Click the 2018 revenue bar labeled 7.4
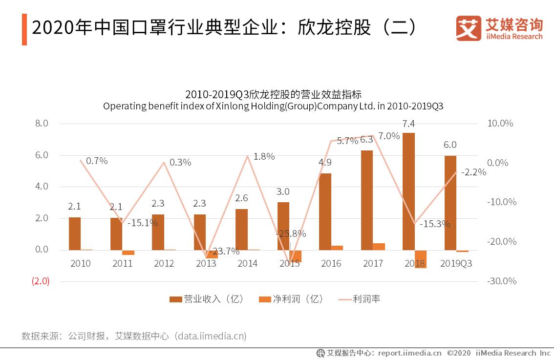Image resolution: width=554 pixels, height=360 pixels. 408,191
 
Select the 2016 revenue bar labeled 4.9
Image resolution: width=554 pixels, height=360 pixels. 325,212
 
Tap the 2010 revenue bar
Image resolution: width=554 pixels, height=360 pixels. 75,233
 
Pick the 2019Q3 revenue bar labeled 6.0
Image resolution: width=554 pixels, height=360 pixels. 450,203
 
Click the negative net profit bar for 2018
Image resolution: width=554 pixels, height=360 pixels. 420,259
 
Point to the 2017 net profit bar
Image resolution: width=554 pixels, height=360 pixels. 379,247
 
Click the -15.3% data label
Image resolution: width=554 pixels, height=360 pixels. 434,224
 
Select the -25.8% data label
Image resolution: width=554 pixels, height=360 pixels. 291,233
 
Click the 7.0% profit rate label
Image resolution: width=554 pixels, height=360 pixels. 389,136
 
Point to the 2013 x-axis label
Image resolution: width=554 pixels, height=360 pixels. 206,264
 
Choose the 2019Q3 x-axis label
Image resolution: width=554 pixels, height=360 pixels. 456,264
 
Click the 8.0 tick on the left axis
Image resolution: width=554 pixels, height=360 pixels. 42,124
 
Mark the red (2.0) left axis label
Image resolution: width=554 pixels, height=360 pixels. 41,281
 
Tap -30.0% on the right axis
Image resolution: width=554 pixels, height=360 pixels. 501,281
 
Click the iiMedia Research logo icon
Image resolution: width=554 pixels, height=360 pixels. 468,28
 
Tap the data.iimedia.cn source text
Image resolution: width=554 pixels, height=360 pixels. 211,336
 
